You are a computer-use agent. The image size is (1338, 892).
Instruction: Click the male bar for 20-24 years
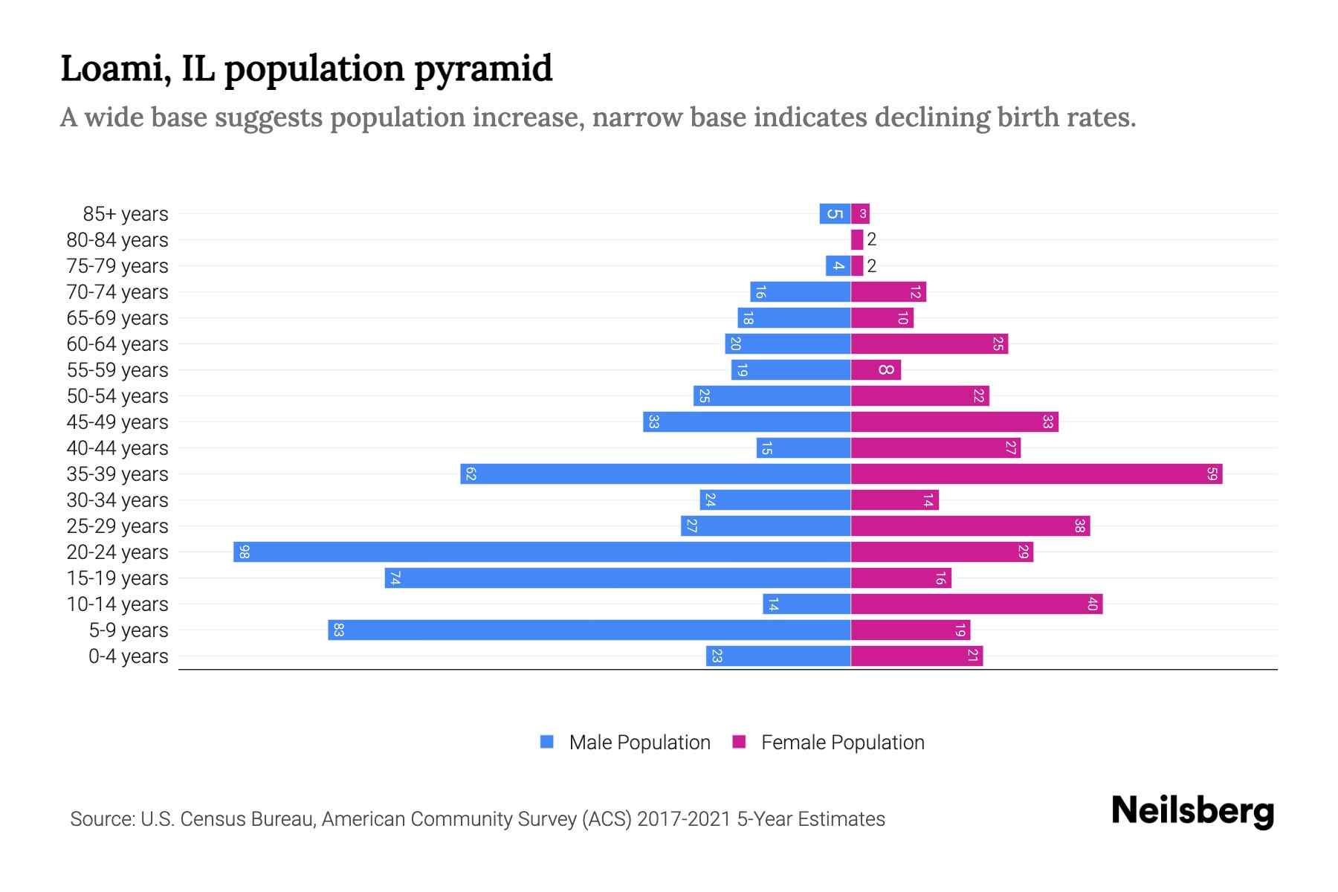542,552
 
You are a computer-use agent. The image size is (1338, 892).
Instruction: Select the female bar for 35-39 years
1036,474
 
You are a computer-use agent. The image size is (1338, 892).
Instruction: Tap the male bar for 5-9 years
589,630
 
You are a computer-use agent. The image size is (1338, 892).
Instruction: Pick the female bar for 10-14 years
976,604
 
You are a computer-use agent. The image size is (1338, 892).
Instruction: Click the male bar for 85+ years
835,214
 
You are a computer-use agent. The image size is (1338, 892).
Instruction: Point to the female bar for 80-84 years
857,240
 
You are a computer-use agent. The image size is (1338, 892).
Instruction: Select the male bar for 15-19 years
617,578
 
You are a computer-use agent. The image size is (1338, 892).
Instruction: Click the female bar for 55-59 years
876,370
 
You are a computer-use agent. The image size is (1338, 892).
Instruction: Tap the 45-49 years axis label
117,422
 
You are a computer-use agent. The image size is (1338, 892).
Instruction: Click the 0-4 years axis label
128,656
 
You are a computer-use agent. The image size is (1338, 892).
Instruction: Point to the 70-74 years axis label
117,292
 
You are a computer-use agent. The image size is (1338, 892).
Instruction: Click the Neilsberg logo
1192,811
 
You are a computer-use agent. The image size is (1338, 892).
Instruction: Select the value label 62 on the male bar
471,474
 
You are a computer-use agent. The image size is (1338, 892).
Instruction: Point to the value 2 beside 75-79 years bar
872,266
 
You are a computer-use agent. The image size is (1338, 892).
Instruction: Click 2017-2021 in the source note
684,819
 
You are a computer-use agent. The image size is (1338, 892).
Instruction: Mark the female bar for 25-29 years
970,526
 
